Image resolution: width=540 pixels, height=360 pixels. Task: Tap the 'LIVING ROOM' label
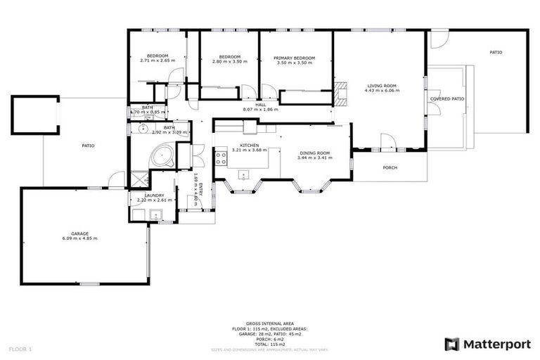pyautogui.click(x=382, y=86)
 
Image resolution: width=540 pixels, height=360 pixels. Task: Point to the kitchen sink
pyautogui.click(x=244, y=175)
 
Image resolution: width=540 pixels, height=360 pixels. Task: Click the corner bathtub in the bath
pyautogui.click(x=163, y=155)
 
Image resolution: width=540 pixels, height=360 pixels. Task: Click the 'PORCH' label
pyautogui.click(x=390, y=167)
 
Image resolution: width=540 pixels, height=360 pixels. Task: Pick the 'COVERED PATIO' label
pyautogui.click(x=447, y=99)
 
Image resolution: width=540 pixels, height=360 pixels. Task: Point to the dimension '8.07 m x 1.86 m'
pyautogui.click(x=260, y=110)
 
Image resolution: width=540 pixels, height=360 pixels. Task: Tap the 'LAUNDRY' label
pyautogui.click(x=154, y=195)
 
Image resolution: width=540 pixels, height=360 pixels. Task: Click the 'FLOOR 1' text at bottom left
pyautogui.click(x=20, y=349)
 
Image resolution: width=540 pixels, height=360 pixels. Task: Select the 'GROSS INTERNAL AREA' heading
pyautogui.click(x=269, y=324)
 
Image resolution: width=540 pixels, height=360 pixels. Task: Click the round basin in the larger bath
pyautogui.click(x=141, y=129)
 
